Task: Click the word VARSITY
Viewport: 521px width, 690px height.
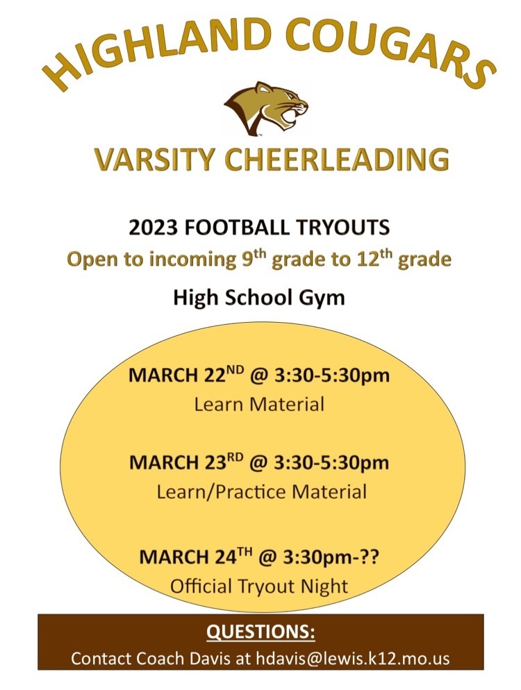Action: [x=155, y=159]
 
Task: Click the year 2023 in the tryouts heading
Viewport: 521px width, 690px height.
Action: [x=151, y=228]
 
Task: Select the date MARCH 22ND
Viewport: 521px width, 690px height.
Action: [x=186, y=376]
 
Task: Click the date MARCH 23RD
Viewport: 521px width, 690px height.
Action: [x=186, y=462]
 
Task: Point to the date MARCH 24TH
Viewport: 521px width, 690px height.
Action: [x=196, y=557]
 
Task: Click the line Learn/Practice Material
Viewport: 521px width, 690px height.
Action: [x=262, y=491]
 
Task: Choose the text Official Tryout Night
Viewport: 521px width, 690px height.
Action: [x=259, y=586]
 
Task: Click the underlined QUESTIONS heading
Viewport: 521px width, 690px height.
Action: [x=260, y=632]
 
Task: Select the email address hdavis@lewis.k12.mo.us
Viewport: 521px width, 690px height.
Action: [x=353, y=659]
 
